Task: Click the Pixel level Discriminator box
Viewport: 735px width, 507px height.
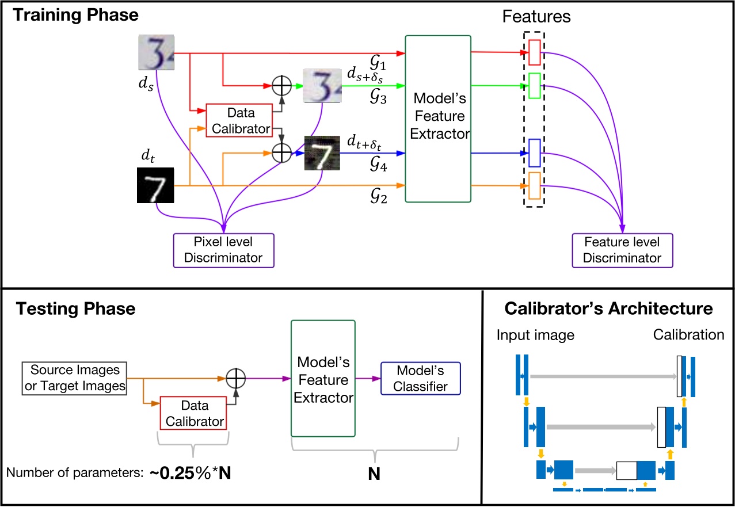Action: point(224,250)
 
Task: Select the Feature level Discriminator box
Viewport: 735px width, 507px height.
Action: point(622,250)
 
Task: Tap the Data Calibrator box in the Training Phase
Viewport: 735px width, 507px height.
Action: point(238,120)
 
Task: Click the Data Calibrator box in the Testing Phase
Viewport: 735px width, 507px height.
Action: point(194,413)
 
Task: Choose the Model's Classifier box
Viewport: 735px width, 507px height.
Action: point(420,378)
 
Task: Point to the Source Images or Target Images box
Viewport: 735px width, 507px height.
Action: point(75,378)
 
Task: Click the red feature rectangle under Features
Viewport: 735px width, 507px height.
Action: point(534,52)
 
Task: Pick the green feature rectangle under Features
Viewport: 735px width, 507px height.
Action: point(534,86)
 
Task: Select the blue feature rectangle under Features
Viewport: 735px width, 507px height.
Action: point(534,153)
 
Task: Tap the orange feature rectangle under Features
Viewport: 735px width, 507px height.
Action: point(534,185)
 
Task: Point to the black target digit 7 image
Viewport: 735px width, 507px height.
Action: point(155,185)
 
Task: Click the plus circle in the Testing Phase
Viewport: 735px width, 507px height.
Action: point(235,379)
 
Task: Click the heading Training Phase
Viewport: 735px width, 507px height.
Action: point(76,14)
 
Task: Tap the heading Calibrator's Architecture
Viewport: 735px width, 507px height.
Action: point(608,308)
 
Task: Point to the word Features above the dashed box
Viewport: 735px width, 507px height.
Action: point(535,17)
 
